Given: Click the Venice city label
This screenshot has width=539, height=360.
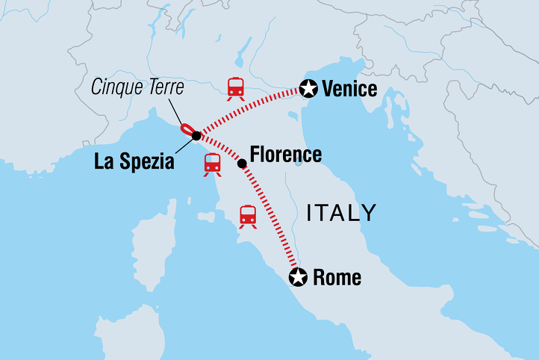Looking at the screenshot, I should pyautogui.click(x=349, y=90).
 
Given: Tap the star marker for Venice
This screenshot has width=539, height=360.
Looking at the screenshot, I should pyautogui.click(x=307, y=88).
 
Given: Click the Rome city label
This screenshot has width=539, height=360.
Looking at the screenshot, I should pyautogui.click(x=337, y=279).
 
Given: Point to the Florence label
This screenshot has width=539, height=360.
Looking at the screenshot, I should pyautogui.click(x=286, y=155).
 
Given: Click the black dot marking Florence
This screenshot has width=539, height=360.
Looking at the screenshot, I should pyautogui.click(x=241, y=162).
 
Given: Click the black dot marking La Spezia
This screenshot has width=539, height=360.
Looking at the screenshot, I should pyautogui.click(x=196, y=136).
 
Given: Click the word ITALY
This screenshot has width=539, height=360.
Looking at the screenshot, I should pyautogui.click(x=342, y=213).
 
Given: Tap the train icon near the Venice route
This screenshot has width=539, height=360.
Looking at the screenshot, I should pyautogui.click(x=236, y=87).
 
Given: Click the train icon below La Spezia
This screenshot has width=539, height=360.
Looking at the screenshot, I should pyautogui.click(x=212, y=164).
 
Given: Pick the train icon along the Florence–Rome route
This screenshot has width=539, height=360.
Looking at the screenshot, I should pyautogui.click(x=248, y=216).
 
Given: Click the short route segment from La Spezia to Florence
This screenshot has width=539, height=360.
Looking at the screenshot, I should pyautogui.click(x=219, y=149).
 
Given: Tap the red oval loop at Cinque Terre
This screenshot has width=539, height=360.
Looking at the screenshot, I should pyautogui.click(x=187, y=129).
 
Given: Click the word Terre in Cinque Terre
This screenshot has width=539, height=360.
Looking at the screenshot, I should pyautogui.click(x=159, y=87).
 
